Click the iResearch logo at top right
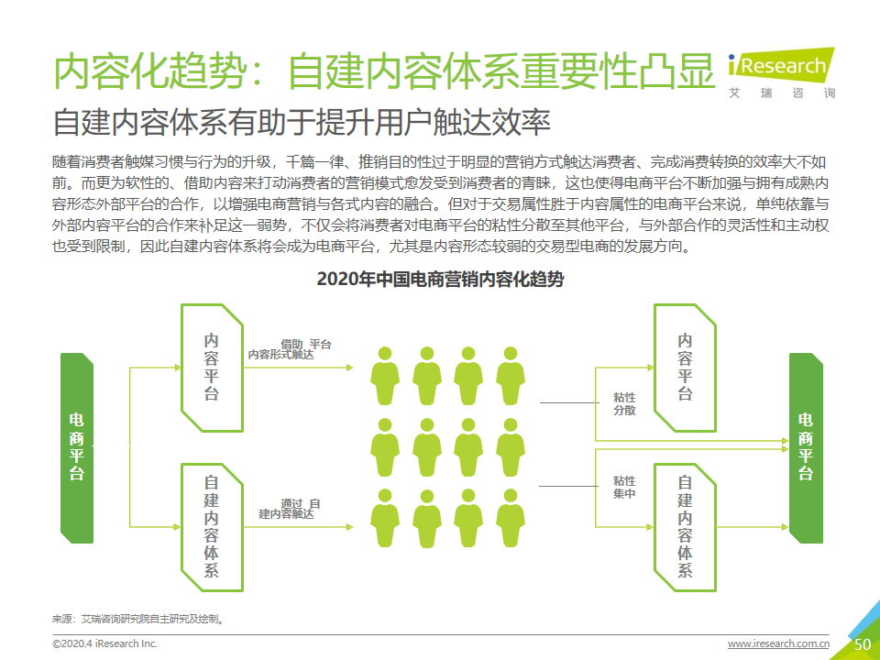coord(781,73)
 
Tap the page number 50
coord(862,644)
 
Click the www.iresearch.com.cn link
coord(778,643)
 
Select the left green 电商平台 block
coord(77,448)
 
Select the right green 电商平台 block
coord(806,448)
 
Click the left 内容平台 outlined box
coord(212,368)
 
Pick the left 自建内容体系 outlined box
coord(212,527)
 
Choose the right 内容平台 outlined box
coord(685,368)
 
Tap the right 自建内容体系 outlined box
coord(685,527)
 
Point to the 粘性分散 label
coord(624,404)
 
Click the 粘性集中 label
coord(624,487)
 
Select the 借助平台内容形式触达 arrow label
coord(290,349)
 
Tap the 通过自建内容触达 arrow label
coord(289,509)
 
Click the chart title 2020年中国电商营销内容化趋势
coord(440,279)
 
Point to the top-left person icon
coord(385,376)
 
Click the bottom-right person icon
coord(511,517)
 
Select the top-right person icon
coord(511,376)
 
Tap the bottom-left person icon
coord(385,517)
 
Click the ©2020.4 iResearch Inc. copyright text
coord(104,643)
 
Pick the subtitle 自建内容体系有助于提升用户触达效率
coord(302,123)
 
